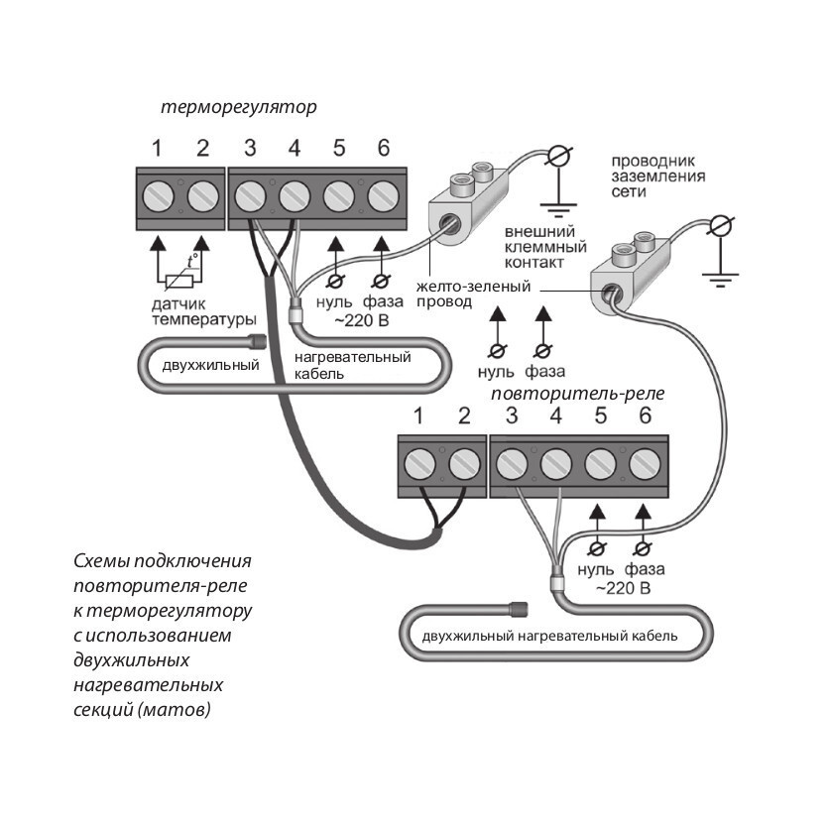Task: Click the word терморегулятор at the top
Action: click(239, 107)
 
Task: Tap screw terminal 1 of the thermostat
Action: click(157, 193)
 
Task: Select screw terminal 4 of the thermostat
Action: click(294, 193)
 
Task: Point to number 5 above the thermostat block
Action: click(339, 149)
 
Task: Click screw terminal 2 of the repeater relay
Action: click(464, 461)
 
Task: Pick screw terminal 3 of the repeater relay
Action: click(512, 461)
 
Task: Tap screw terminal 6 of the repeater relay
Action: click(646, 461)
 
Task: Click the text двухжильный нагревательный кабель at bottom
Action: click(549, 636)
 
